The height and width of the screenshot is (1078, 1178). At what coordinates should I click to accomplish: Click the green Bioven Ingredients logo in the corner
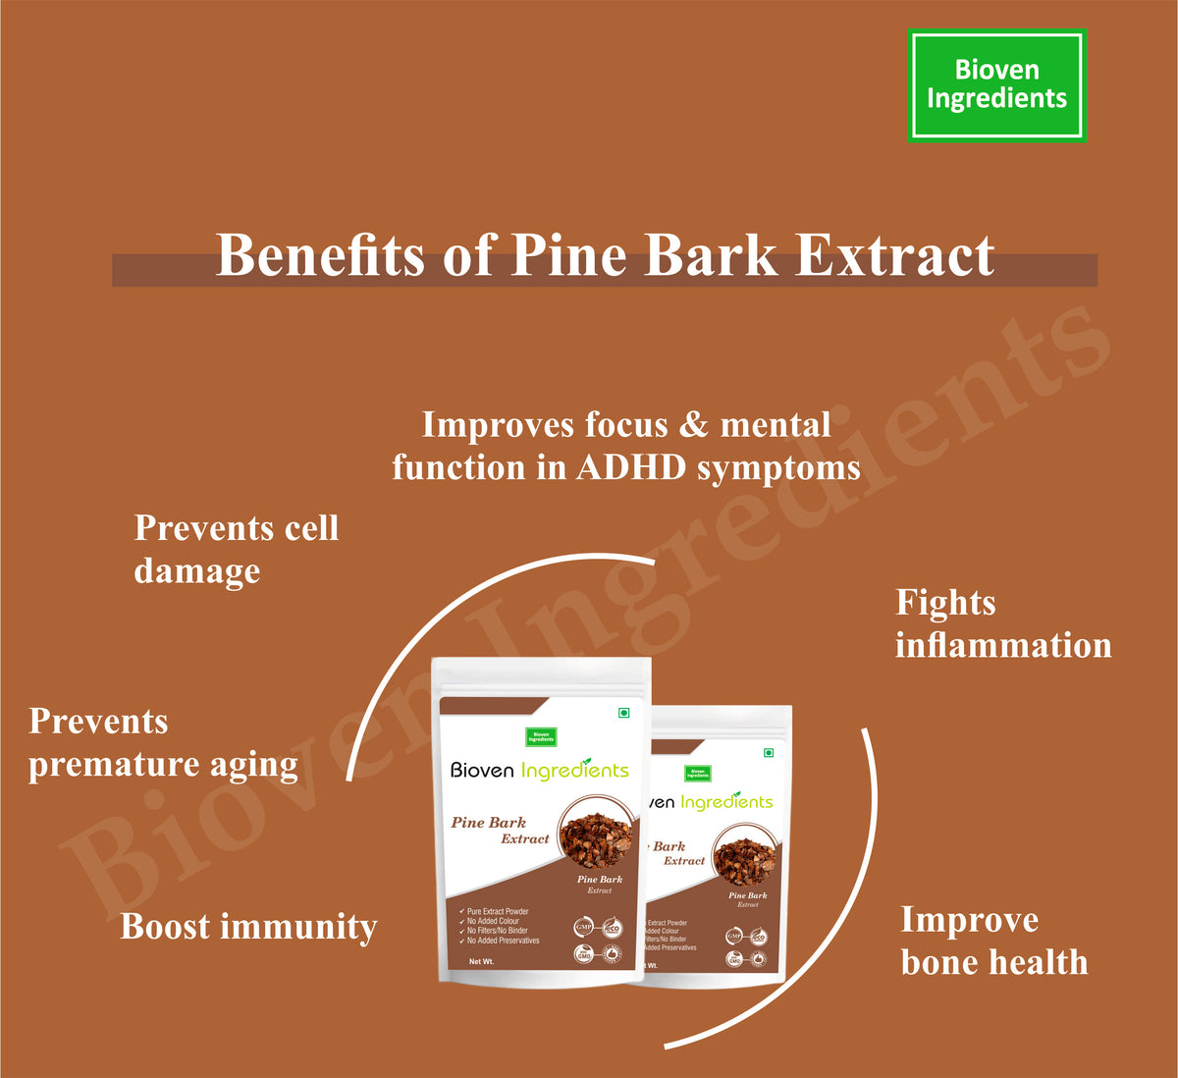(x=996, y=85)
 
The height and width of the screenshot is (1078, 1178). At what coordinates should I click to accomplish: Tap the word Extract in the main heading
(x=894, y=256)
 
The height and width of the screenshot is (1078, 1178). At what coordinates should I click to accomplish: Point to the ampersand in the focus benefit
(x=693, y=424)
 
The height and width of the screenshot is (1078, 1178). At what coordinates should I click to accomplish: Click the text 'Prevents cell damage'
(x=236, y=549)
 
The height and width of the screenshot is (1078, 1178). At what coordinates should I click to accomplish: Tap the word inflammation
(x=1002, y=645)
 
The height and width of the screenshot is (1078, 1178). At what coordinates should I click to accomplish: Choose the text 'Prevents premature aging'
(x=163, y=742)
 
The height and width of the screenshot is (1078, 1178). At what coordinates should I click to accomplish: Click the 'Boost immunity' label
(x=248, y=926)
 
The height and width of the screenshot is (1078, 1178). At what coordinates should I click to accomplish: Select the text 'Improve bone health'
(x=993, y=941)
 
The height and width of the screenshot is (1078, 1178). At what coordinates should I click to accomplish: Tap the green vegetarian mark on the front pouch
(x=623, y=713)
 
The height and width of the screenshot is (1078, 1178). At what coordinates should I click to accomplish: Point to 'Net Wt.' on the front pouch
(x=481, y=961)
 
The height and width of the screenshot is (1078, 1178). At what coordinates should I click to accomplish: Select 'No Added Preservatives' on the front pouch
(x=503, y=941)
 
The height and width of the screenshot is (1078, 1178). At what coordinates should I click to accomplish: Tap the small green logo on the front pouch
(x=540, y=736)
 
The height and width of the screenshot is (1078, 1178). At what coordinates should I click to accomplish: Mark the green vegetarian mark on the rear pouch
(x=769, y=753)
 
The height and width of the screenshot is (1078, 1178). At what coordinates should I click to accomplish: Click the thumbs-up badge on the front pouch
(x=611, y=952)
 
